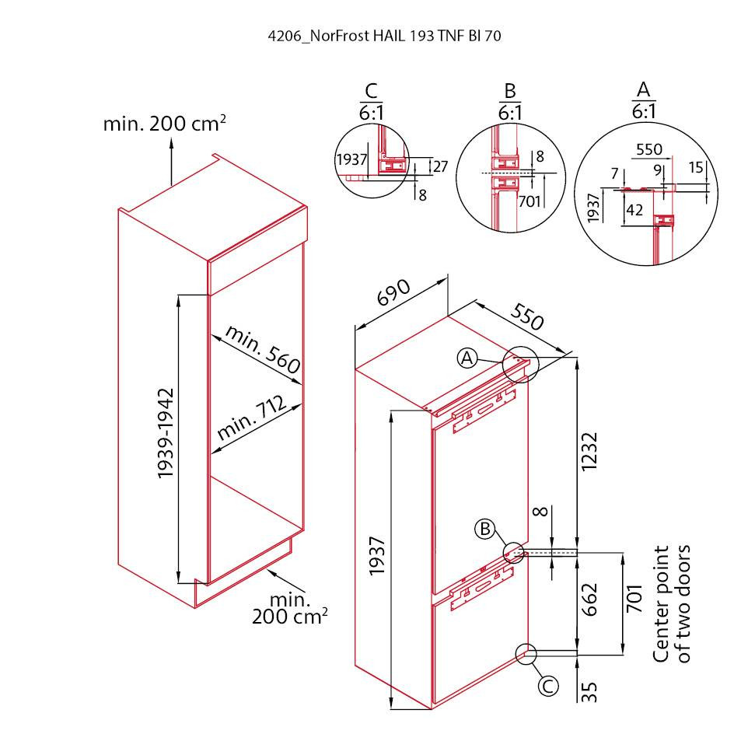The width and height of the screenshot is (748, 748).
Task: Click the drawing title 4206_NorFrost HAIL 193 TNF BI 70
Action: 384,37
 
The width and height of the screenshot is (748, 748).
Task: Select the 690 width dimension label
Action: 393,292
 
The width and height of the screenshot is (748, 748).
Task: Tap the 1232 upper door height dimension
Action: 589,452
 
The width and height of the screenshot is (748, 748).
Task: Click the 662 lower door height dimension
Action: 589,599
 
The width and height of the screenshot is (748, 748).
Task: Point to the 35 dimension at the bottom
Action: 589,692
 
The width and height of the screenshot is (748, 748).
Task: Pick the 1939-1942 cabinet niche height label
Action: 166,434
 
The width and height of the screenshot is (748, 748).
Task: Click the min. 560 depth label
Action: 263,349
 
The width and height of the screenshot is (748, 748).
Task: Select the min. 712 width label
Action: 252,418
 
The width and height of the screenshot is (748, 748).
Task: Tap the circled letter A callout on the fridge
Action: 467,358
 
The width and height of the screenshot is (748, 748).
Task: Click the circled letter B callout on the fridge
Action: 485,529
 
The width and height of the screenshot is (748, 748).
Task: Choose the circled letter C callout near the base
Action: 548,687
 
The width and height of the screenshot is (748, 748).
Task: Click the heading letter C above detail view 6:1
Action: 371,91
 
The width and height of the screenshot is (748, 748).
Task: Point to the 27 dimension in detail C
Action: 440,166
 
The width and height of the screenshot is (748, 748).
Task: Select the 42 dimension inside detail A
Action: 634,210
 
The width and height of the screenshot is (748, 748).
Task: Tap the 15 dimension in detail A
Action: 696,167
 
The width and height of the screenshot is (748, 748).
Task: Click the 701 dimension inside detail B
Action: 529,201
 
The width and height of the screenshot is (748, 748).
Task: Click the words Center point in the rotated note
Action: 661,604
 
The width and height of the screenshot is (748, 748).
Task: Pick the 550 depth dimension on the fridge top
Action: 526,316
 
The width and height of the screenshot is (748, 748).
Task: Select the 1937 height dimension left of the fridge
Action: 377,556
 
